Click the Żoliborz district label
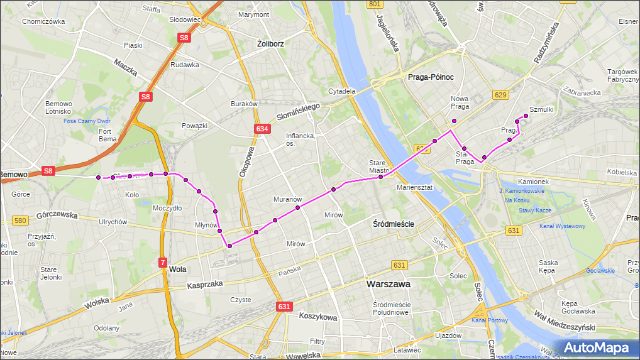[271, 43]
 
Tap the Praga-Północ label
[431, 77]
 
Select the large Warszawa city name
[389, 284]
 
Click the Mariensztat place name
[414, 187]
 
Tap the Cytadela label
[341, 90]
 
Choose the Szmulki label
[541, 109]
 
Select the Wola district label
[178, 270]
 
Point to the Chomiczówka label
[43, 21]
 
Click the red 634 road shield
[263, 129]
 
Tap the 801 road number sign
[375, 4]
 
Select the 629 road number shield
[500, 95]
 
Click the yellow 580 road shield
[20, 221]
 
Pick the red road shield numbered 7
[162, 262]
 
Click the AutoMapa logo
[595, 347]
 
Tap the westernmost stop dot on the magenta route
[99, 178]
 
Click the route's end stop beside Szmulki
[526, 116]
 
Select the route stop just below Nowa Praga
[454, 121]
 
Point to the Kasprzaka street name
[205, 285]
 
